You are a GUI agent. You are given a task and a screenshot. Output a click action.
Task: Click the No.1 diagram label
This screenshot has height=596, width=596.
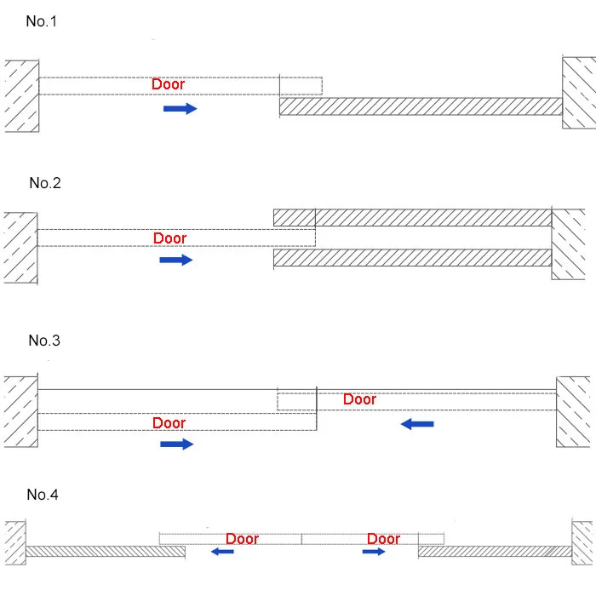pyautogui.click(x=42, y=21)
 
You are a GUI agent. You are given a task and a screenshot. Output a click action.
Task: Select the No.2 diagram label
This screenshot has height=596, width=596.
pyautogui.click(x=45, y=183)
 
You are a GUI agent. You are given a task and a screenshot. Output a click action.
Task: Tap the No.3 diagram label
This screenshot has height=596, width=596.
pyautogui.click(x=44, y=341)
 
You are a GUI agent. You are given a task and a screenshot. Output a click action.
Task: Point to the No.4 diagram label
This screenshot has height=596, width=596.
pyautogui.click(x=43, y=495)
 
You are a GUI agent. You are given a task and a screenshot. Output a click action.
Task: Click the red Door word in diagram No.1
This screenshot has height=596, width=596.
pyautogui.click(x=168, y=84)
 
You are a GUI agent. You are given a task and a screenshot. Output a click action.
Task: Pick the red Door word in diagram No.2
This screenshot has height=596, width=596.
pyautogui.click(x=170, y=238)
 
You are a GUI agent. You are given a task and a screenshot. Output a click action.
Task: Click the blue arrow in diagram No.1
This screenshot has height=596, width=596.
pyautogui.click(x=181, y=109)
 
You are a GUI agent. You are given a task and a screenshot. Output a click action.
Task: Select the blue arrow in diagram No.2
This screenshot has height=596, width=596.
pyautogui.click(x=176, y=260)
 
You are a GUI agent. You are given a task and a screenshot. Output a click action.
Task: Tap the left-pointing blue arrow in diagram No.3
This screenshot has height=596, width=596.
pyautogui.click(x=417, y=424)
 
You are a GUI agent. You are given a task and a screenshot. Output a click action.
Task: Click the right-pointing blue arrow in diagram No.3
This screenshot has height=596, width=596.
pyautogui.click(x=177, y=444)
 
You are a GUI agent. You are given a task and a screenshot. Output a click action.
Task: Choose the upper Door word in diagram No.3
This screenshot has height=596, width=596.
pyautogui.click(x=359, y=399)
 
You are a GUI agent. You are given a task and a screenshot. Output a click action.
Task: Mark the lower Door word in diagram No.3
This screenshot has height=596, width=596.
pyautogui.click(x=169, y=422)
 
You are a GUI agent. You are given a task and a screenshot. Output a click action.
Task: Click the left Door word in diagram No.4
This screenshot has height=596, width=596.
pyautogui.click(x=242, y=539)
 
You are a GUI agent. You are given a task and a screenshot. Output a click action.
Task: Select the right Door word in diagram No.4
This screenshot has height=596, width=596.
pyautogui.click(x=383, y=539)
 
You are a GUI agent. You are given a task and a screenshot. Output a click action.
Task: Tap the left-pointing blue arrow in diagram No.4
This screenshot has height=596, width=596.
pyautogui.click(x=222, y=551)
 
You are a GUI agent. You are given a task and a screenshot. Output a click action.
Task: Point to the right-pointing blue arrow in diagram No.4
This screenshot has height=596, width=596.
pyautogui.click(x=374, y=551)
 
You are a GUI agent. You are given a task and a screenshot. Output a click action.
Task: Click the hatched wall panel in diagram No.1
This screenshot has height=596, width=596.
pyautogui.click(x=421, y=106)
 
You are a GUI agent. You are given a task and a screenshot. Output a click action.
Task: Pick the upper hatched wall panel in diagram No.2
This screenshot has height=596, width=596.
pyautogui.click(x=412, y=217)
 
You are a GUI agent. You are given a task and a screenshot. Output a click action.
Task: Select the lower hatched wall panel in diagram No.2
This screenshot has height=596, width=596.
pyautogui.click(x=412, y=258)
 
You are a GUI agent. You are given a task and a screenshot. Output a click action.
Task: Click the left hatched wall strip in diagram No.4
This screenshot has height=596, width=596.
pyautogui.click(x=106, y=552)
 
